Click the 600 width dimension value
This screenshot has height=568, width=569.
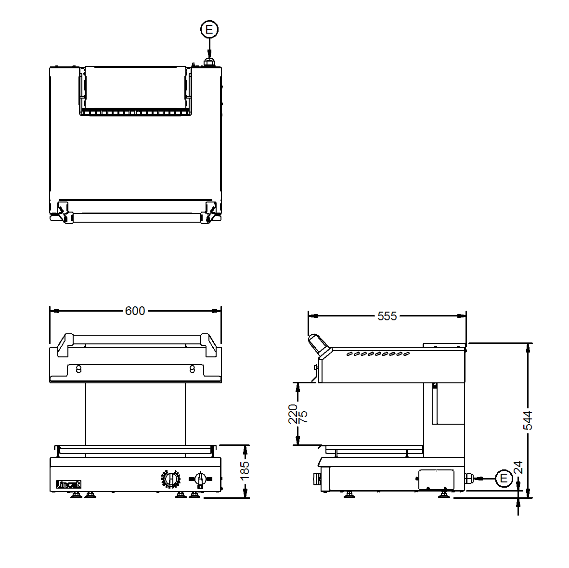[x=135, y=311]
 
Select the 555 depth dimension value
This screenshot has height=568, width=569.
[x=387, y=316]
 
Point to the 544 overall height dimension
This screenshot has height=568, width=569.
[x=528, y=420]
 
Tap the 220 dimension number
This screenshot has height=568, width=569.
[x=293, y=414]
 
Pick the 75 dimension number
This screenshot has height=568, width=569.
[x=303, y=417]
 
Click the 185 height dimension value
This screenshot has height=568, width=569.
[x=245, y=470]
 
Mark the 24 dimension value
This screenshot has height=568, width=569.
[x=518, y=468]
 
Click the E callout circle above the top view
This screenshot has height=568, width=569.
[x=209, y=30]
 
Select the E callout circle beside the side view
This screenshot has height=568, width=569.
[x=504, y=478]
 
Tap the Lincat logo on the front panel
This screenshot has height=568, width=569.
[x=69, y=484]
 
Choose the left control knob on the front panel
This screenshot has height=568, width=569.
[x=170, y=479]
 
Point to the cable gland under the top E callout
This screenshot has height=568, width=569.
[x=209, y=63]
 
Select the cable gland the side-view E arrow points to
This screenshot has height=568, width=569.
[x=469, y=478]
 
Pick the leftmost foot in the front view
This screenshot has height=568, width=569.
[x=76, y=495]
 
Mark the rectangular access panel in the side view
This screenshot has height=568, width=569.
[x=436, y=480]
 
